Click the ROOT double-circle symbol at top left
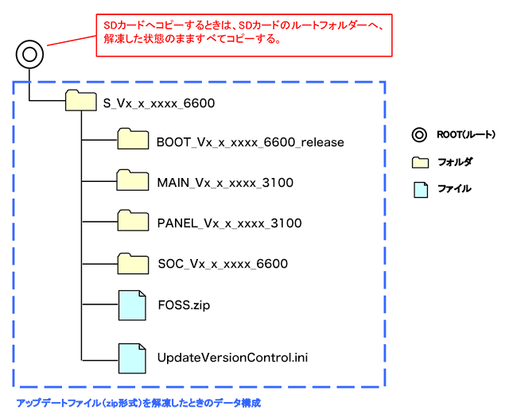[x=29, y=55]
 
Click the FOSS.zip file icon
[x=133, y=304]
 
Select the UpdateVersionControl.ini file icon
[x=133, y=357]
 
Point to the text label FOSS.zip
[x=184, y=304]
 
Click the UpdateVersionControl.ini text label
[x=232, y=358]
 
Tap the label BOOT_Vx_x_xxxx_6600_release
[x=251, y=142]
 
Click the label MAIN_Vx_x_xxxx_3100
[x=225, y=183]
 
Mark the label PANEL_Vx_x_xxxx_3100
[x=229, y=223]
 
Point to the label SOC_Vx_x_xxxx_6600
[x=222, y=264]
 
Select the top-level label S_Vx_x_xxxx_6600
[x=159, y=103]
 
